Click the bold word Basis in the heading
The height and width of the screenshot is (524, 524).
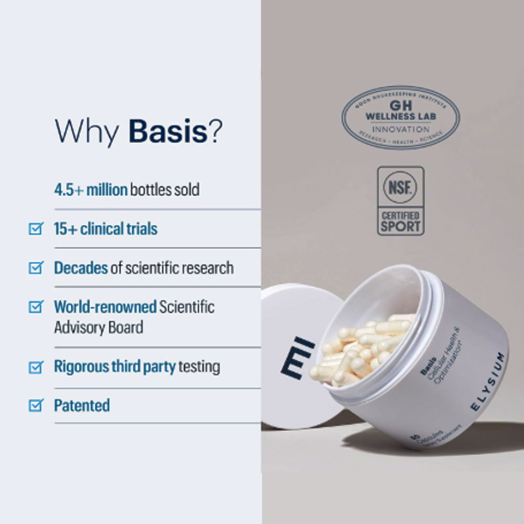(x=168, y=132)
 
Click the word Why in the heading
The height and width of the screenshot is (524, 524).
(x=87, y=132)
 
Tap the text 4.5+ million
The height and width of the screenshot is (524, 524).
(x=91, y=189)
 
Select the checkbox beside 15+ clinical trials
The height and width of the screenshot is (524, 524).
(x=35, y=228)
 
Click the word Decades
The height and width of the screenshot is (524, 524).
(x=81, y=267)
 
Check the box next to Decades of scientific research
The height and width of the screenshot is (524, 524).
(x=35, y=268)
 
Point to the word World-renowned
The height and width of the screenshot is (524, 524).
(x=105, y=307)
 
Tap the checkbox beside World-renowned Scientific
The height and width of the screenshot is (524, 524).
(x=35, y=307)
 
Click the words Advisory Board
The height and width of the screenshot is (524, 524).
(x=98, y=327)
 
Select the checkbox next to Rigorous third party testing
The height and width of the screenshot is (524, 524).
(x=35, y=366)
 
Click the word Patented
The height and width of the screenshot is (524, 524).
(x=82, y=405)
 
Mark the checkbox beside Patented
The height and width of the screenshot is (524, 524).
(x=35, y=405)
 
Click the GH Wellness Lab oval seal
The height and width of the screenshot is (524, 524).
(x=400, y=117)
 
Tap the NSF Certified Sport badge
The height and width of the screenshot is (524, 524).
(x=401, y=200)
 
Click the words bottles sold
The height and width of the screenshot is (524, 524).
(x=165, y=189)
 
